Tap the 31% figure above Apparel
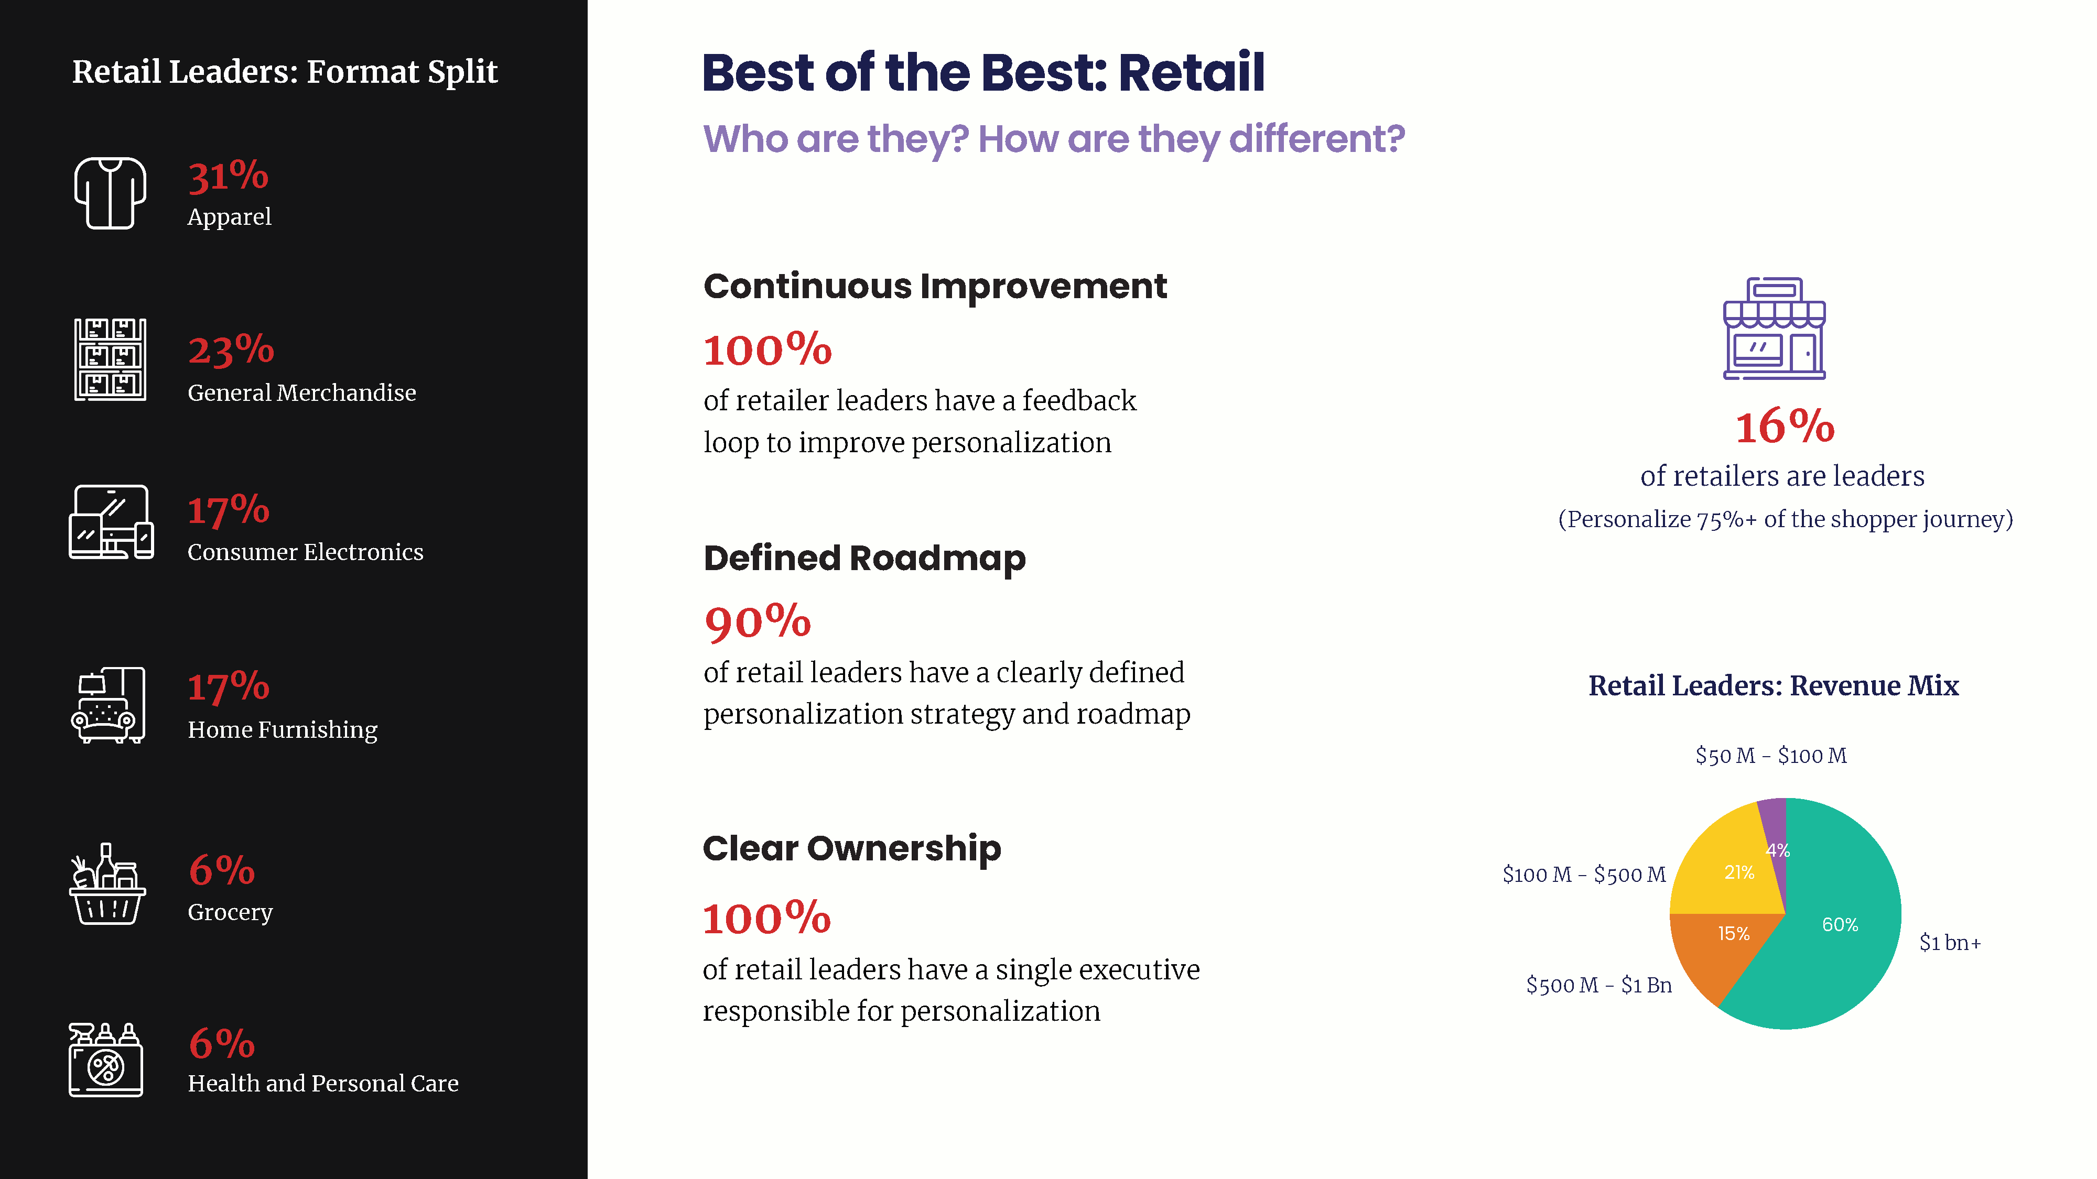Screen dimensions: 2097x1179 point(228,175)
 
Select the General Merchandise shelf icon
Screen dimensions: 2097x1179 point(110,359)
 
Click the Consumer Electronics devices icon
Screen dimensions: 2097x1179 point(111,521)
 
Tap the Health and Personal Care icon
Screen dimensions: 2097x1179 point(106,1060)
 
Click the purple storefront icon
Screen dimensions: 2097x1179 point(1774,329)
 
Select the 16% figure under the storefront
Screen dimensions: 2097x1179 point(1785,427)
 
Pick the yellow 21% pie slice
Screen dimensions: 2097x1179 point(1730,870)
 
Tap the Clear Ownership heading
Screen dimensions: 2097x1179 point(851,849)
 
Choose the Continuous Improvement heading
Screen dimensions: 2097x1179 point(935,287)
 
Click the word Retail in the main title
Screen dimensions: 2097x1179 point(1191,72)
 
